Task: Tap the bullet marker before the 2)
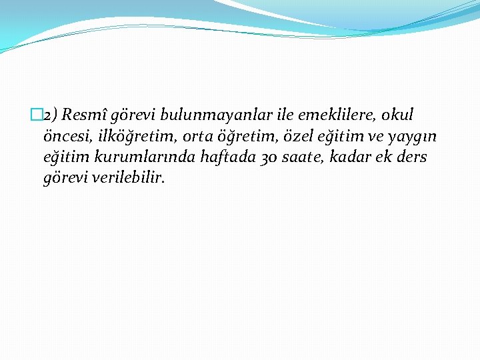(35, 115)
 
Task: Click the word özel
(279, 136)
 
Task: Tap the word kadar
(348, 157)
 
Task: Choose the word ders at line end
(412, 157)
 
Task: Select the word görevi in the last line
(64, 179)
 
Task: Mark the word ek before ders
(383, 157)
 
